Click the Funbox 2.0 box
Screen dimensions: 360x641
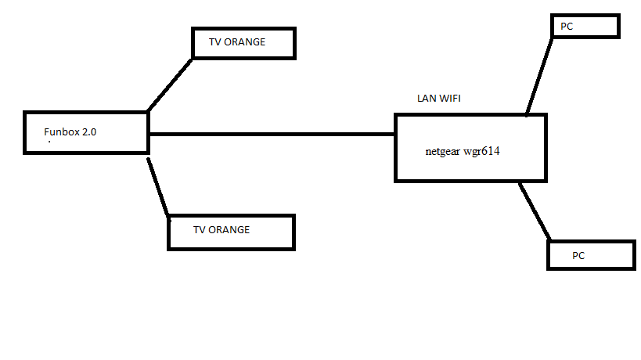click(x=86, y=132)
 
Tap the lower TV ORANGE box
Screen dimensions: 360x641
click(x=232, y=232)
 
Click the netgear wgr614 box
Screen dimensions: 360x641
click(x=470, y=148)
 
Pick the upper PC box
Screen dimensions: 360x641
click(x=585, y=26)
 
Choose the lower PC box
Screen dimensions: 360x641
click(x=590, y=255)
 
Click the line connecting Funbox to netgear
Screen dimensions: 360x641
click(x=271, y=134)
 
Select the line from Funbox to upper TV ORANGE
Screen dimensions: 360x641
click(x=170, y=84)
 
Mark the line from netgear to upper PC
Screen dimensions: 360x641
click(x=539, y=76)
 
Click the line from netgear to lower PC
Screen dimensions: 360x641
click(x=535, y=211)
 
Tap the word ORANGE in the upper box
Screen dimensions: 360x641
click(x=247, y=42)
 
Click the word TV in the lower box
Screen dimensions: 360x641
click(x=199, y=230)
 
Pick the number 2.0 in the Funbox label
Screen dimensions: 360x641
click(x=89, y=132)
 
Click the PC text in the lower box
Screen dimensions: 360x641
click(x=578, y=256)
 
